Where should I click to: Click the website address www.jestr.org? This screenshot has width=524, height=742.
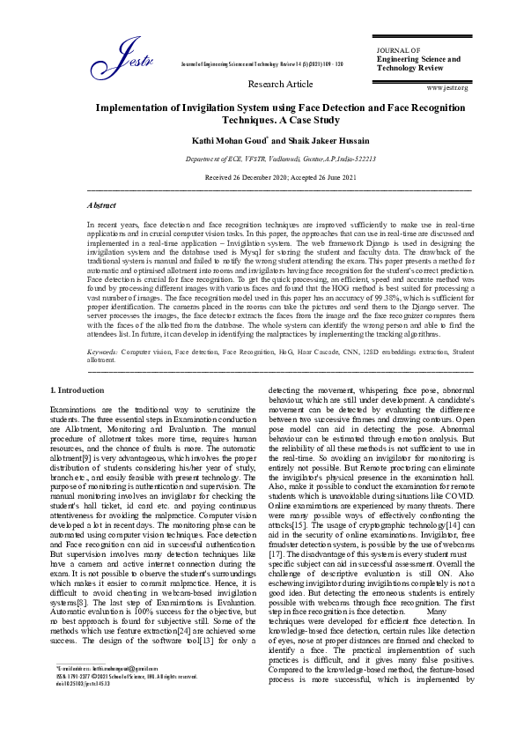[x=447, y=88]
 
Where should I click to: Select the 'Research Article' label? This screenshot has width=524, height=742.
[x=281, y=84]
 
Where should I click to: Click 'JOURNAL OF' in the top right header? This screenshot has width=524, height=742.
[x=398, y=51]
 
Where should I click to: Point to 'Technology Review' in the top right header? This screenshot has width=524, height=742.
[x=412, y=68]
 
